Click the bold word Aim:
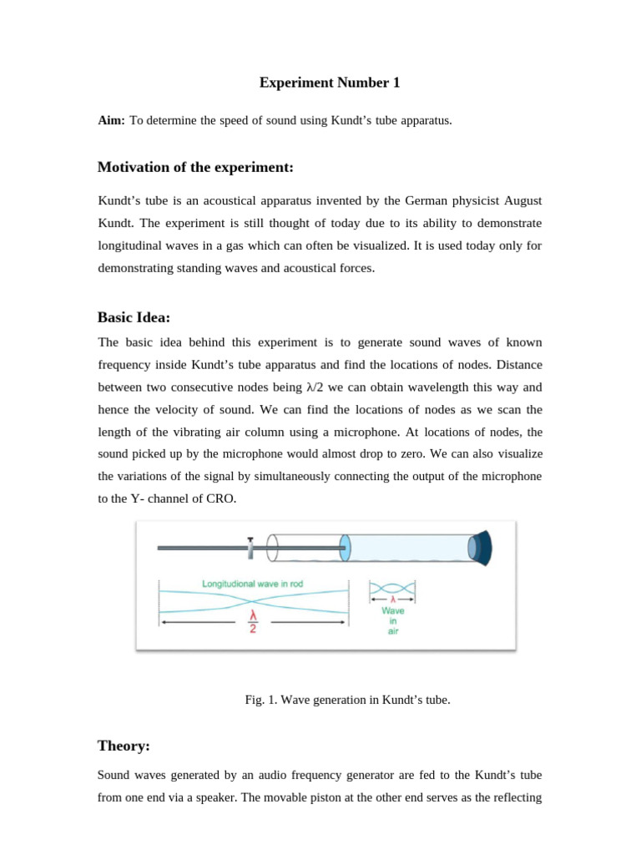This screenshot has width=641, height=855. (x=111, y=120)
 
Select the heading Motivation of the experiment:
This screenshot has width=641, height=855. (x=195, y=168)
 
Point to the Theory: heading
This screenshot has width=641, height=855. (x=124, y=746)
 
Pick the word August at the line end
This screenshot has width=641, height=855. (x=519, y=201)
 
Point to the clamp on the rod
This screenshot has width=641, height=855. (x=250, y=547)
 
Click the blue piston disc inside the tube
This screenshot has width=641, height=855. (x=345, y=548)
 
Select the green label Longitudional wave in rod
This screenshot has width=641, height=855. (x=254, y=584)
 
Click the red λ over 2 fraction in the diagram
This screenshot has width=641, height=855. (x=254, y=623)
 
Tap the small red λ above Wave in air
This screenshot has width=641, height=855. (x=392, y=598)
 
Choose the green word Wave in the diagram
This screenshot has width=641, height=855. (x=393, y=610)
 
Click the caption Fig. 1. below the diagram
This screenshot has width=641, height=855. (x=259, y=700)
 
